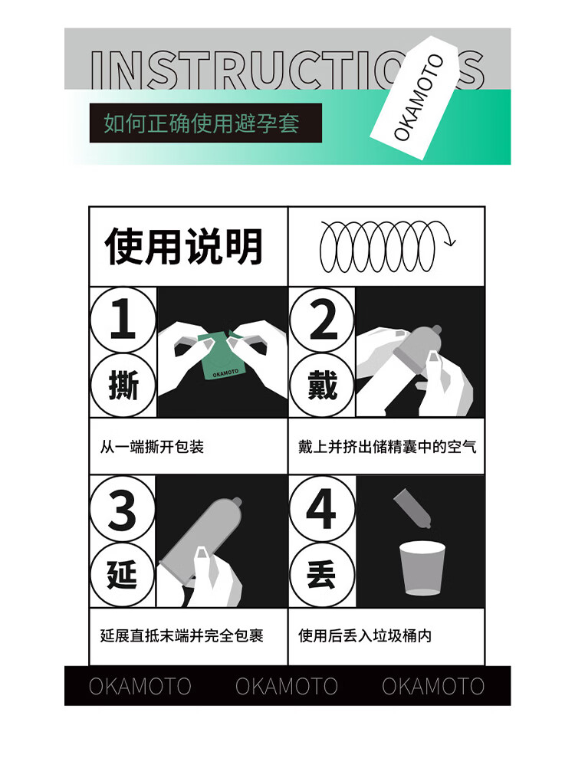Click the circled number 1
123,320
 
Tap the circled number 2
322,320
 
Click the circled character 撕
123,385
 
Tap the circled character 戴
322,385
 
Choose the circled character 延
123,575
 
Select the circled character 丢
322,575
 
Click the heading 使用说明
184,246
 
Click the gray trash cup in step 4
422,568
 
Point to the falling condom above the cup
412,508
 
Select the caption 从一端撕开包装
152,447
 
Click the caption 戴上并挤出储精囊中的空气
387,447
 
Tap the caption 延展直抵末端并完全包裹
182,635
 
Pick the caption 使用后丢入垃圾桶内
365,635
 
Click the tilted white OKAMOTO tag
414,97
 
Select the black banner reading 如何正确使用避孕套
205,123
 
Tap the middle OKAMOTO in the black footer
287,686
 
